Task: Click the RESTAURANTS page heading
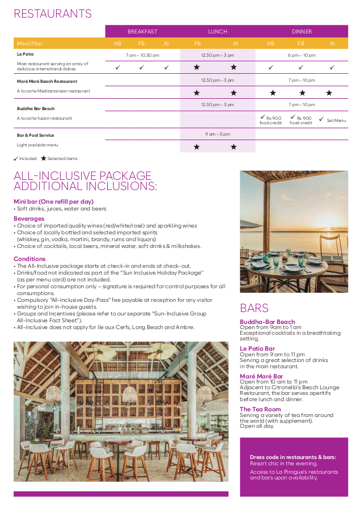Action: point(53,14)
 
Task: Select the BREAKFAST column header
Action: point(142,32)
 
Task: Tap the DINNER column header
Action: point(302,32)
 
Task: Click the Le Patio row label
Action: point(26,54)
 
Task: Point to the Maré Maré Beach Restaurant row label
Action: point(47,81)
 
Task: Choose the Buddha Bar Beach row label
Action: point(36,108)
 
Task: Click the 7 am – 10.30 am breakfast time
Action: point(142,55)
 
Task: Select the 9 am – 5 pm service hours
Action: point(217,134)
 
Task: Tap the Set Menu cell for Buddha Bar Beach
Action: point(333,120)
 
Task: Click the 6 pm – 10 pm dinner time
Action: point(302,55)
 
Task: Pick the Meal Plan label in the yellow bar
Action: point(29,43)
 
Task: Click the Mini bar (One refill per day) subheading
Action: point(53,201)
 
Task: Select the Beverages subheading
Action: point(29,218)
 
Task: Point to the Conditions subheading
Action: point(29,259)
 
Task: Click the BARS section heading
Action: point(254,308)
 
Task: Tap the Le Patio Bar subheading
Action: point(257,348)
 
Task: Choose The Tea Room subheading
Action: point(260,409)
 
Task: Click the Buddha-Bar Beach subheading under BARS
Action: point(267,322)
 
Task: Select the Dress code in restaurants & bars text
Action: point(293,457)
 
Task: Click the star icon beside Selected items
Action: point(43,158)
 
